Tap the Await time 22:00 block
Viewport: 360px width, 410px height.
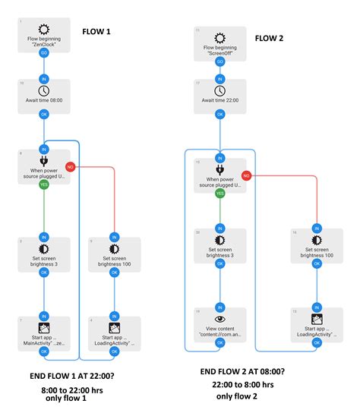coord(219,95)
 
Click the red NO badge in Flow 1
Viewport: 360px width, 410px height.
coord(70,166)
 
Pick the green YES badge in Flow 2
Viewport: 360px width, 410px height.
coord(219,193)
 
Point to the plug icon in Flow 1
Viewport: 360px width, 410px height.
coord(44,161)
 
